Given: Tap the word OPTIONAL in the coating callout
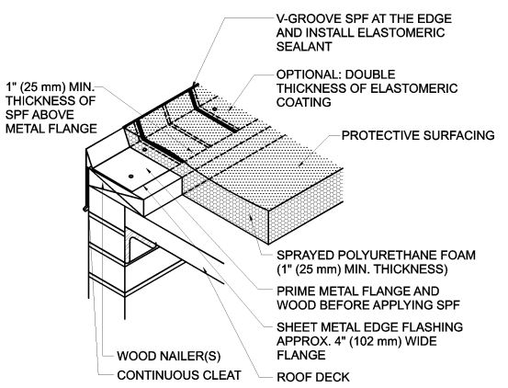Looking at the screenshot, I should click(x=311, y=75).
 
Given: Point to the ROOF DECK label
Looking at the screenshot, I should click(x=311, y=375).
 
